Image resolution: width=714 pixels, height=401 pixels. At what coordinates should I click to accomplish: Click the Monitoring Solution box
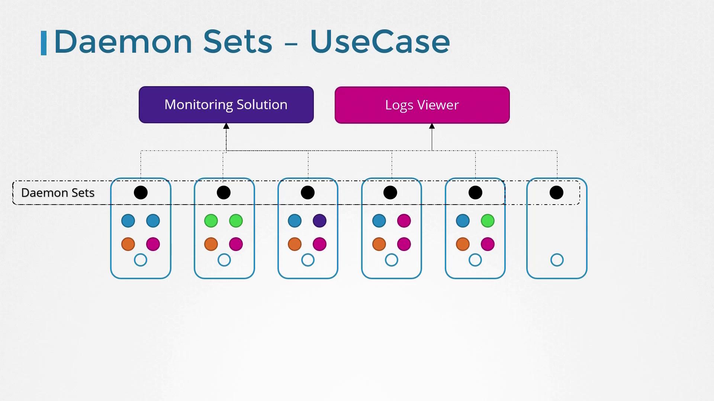226,105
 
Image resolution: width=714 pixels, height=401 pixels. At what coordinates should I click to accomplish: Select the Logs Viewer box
422,105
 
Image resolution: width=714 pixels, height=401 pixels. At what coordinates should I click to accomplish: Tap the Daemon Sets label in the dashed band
58,193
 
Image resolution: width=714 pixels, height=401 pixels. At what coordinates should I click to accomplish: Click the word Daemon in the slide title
123,42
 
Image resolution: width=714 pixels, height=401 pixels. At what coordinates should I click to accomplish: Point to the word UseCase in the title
380,42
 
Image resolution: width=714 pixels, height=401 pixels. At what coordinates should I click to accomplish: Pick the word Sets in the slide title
238,42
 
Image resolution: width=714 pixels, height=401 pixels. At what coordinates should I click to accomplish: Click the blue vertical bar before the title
44,43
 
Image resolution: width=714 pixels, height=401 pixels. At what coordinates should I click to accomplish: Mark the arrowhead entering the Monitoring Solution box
226,126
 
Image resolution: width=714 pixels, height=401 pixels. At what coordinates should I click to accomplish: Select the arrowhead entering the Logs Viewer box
432,126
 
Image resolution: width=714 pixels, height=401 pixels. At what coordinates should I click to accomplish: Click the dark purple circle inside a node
319,221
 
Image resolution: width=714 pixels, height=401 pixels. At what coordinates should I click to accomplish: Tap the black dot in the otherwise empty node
556,193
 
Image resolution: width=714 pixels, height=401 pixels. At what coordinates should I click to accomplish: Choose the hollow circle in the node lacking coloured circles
557,260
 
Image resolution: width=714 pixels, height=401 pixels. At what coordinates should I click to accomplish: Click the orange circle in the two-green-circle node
211,244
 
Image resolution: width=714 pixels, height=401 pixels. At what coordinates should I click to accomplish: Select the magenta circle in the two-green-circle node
236,244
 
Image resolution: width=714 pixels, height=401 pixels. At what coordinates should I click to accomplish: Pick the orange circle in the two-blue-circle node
128,244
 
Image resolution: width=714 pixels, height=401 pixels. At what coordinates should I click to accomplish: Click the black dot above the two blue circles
141,193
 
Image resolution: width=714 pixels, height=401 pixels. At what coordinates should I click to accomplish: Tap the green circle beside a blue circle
488,221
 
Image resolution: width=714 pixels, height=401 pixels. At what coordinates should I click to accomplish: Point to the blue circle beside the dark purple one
295,221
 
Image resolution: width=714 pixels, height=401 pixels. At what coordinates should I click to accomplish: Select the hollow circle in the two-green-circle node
224,260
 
